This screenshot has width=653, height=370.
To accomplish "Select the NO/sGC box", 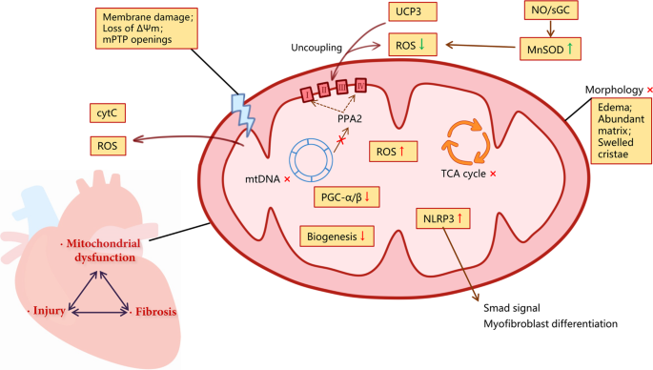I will [550, 11].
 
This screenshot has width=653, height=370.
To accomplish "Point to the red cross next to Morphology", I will [648, 90].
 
